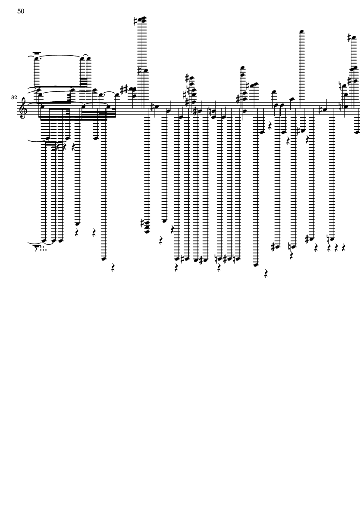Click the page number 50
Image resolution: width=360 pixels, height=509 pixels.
21,11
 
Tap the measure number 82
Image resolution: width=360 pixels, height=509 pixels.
14,97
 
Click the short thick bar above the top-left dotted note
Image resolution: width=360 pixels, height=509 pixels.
36,53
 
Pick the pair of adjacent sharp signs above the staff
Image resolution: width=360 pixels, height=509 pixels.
124,88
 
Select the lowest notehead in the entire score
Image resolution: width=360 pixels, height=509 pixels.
256,265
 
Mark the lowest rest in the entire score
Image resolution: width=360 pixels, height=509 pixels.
266,274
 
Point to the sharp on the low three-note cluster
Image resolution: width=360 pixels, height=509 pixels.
142,223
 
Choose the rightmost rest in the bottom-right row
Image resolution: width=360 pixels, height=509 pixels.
343,248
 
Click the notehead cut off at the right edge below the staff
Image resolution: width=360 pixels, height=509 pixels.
357,132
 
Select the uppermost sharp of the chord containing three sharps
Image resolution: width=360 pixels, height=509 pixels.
187,78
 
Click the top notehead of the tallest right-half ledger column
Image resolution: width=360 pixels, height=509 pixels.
302,31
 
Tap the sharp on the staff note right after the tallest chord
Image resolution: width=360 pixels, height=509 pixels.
152,106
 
